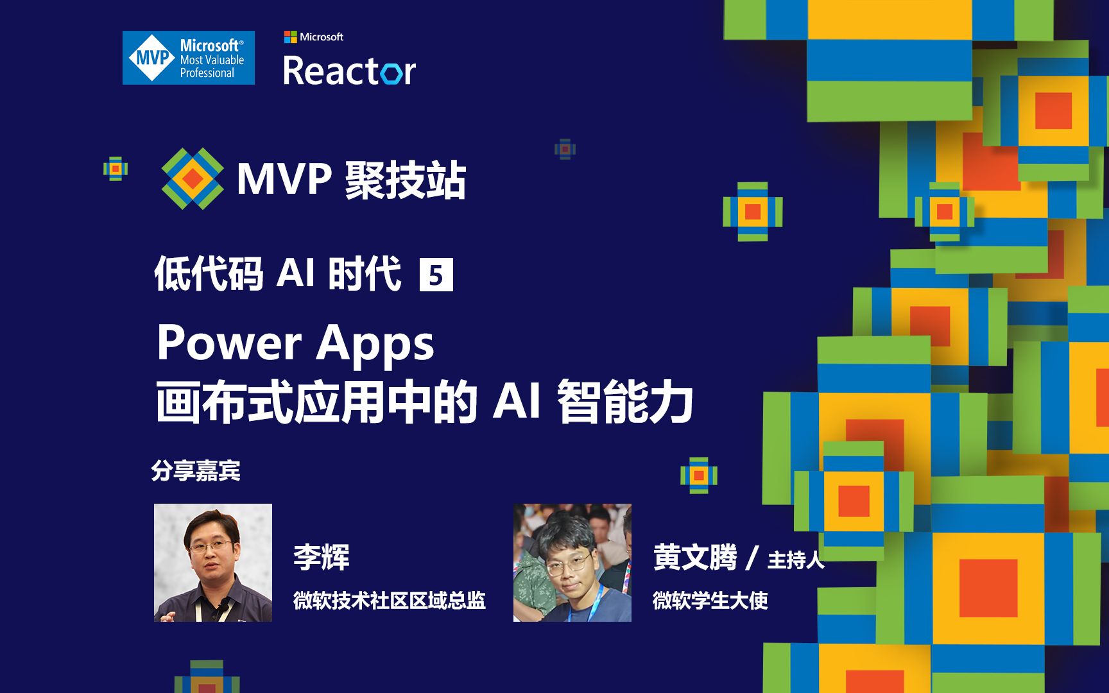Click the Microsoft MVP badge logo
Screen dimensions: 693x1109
(188, 58)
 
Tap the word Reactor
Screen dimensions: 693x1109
(349, 71)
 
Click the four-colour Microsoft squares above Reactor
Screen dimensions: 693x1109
(291, 37)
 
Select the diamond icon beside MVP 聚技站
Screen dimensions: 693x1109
(193, 179)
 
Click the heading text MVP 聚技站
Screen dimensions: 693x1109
(351, 180)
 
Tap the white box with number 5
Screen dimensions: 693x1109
(436, 275)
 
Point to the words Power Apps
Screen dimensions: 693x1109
(295, 343)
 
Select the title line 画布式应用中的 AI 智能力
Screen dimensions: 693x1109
(424, 402)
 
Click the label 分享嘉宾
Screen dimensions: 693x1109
(196, 471)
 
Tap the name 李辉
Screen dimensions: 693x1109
(322, 557)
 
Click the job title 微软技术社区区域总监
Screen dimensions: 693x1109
(389, 601)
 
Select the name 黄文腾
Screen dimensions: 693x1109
(695, 557)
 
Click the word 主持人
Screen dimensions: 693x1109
(796, 560)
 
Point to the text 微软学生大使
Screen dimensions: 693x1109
(710, 601)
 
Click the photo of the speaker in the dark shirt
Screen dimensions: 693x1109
(213, 563)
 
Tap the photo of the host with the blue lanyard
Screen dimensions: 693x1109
(572, 563)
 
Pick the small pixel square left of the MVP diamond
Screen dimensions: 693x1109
(116, 169)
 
